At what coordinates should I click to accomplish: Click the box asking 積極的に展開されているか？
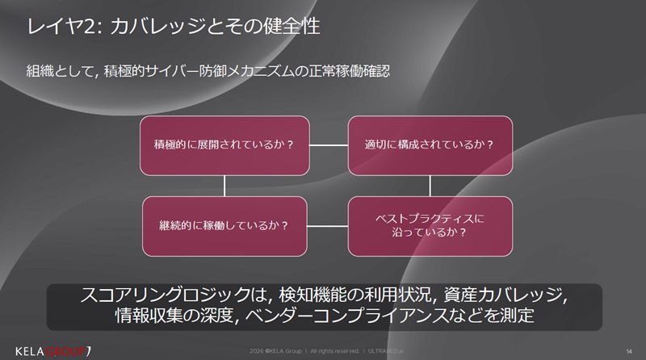(224, 145)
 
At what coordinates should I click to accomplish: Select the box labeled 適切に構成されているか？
(430, 145)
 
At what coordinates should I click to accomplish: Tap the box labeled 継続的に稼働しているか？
(224, 224)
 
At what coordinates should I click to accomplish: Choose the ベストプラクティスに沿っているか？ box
(430, 224)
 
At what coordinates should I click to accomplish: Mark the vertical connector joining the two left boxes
(224, 185)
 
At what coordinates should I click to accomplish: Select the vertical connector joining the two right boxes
(430, 185)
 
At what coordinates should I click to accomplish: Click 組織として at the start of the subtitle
(60, 72)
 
